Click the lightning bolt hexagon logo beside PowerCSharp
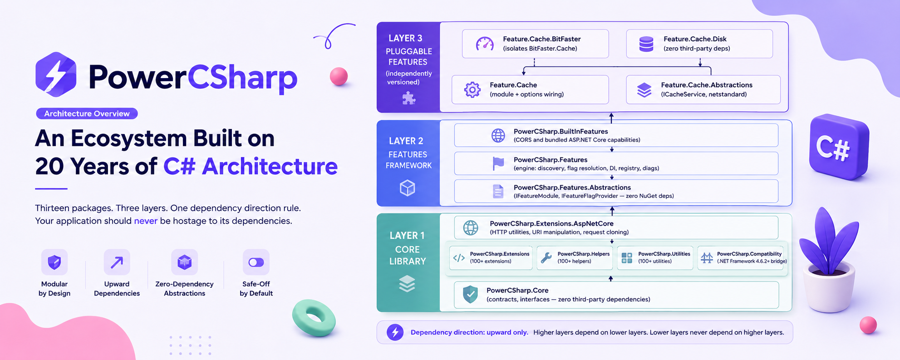56,74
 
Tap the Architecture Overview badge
87,113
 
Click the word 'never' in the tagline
146,221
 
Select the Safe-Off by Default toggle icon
256,262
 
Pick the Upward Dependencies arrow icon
117,262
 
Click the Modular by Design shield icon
54,262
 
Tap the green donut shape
314,318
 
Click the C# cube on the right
839,147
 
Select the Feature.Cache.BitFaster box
535,44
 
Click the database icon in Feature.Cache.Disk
646,44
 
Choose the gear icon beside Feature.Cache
472,90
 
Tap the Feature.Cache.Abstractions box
703,89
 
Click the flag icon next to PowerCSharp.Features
498,163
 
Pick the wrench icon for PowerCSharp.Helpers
546,258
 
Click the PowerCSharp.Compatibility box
742,258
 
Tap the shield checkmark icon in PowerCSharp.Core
470,294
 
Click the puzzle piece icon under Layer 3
408,98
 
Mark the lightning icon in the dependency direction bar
395,332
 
